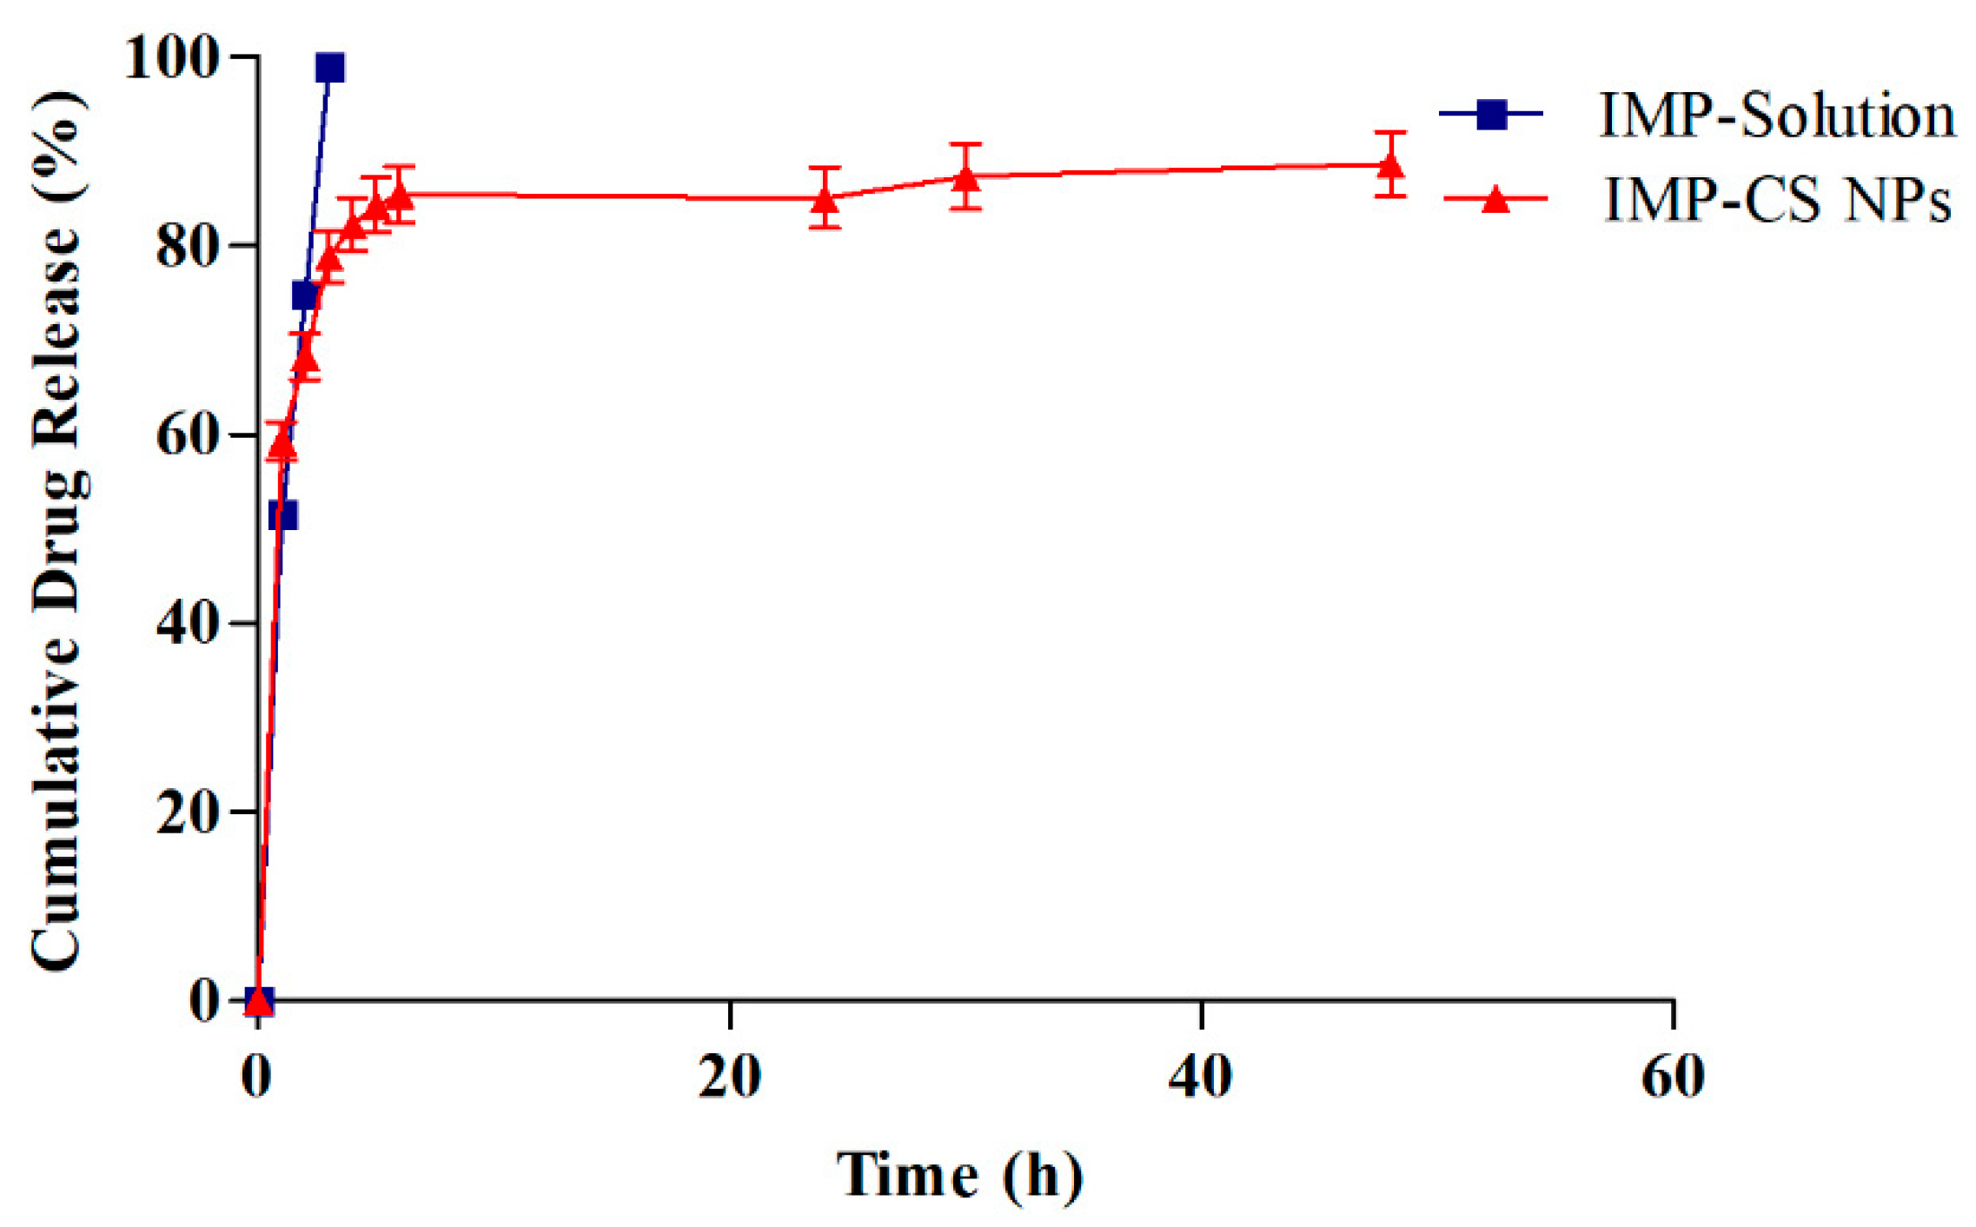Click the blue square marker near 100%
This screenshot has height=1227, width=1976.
[330, 67]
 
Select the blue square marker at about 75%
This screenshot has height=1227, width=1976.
[305, 296]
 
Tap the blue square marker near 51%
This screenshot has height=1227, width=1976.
[283, 515]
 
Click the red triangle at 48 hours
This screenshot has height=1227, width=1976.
[1390, 164]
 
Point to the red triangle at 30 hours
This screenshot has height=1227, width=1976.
[965, 177]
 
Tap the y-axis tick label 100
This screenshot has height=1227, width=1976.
[169, 58]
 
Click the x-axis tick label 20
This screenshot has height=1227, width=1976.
[730, 1076]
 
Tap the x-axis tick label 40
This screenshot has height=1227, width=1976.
[1200, 1076]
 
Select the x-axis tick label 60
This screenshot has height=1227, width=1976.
[1672, 1076]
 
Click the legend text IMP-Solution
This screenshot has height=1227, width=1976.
[1777, 116]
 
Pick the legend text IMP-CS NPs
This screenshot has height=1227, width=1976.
[1777, 200]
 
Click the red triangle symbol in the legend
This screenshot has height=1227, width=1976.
[1495, 200]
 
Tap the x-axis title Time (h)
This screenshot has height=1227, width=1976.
[959, 1175]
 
